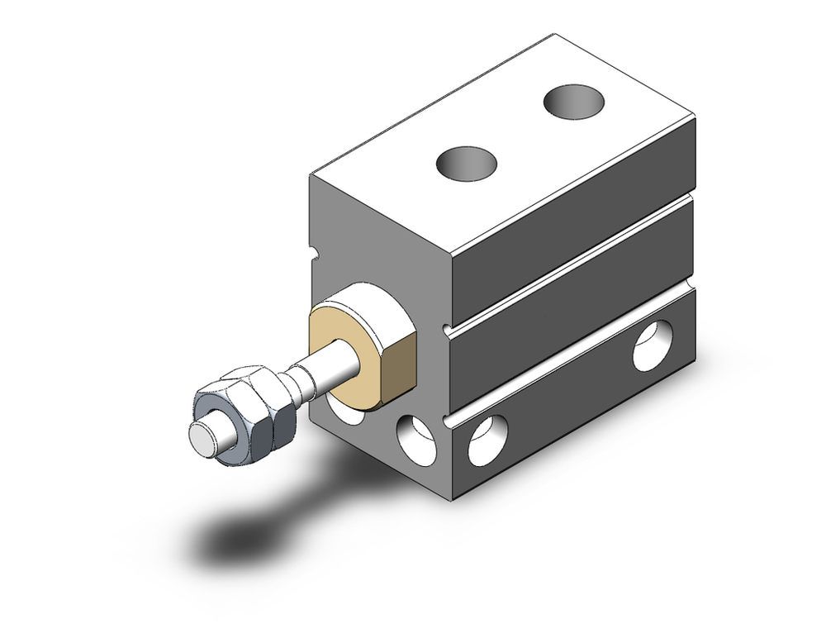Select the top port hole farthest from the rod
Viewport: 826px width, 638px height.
(573, 102)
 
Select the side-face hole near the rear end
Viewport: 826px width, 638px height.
(652, 348)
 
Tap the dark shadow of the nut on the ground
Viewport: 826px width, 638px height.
(240, 537)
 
